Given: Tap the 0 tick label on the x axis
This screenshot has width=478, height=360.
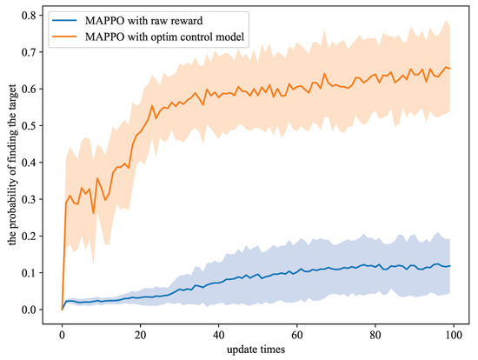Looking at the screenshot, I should pyautogui.click(x=62, y=332).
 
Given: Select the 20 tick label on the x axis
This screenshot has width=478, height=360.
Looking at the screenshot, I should pyautogui.click(x=140, y=332).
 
